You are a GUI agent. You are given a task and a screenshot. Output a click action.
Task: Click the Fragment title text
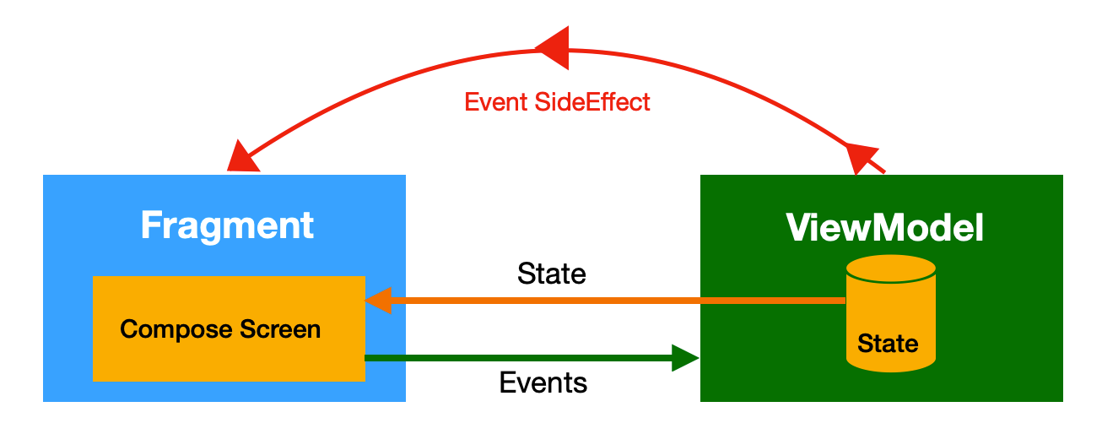227,225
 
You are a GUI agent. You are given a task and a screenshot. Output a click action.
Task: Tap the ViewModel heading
885,227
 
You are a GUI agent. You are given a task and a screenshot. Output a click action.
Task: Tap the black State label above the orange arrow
552,274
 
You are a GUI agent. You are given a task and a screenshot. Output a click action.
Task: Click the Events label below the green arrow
543,382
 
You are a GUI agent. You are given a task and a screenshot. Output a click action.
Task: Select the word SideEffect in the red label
592,102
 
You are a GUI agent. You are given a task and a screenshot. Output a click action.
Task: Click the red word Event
496,102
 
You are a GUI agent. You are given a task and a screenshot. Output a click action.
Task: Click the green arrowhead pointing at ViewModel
685,358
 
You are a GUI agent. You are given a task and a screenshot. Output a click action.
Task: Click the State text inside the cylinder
888,344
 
